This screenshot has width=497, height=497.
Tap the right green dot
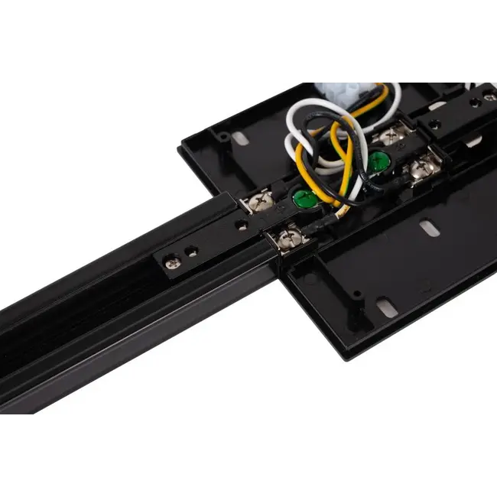point(377,162)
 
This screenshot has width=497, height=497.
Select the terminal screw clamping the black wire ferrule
point(290,240)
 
